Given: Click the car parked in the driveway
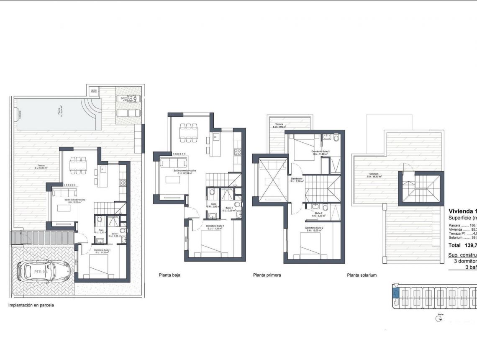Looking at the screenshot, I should pos(44,271).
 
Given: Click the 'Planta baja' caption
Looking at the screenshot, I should pos(169,275).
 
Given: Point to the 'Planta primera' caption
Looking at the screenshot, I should pos(267,275).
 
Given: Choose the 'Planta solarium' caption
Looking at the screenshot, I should pos(362,275).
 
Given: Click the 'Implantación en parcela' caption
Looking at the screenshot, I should pos(31,305).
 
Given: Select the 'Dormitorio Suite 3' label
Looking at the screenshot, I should pos(321,152).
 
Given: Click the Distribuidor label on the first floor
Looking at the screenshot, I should pos(297,180).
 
